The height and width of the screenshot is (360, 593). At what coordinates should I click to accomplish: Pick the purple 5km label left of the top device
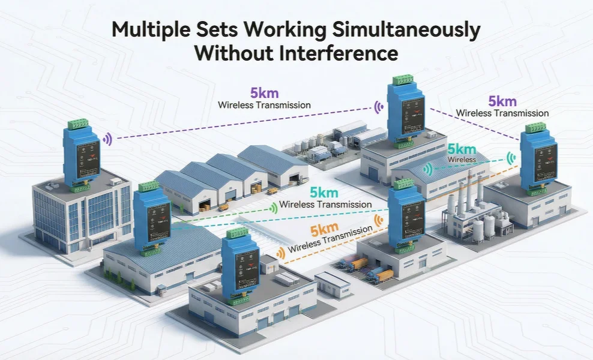(x=264, y=94)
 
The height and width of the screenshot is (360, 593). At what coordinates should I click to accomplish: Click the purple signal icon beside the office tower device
(x=107, y=139)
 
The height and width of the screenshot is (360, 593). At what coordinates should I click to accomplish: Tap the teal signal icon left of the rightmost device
(x=511, y=158)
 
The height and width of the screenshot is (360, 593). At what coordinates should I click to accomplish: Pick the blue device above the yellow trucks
(x=406, y=219)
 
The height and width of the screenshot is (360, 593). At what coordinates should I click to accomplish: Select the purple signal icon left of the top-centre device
(x=379, y=107)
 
